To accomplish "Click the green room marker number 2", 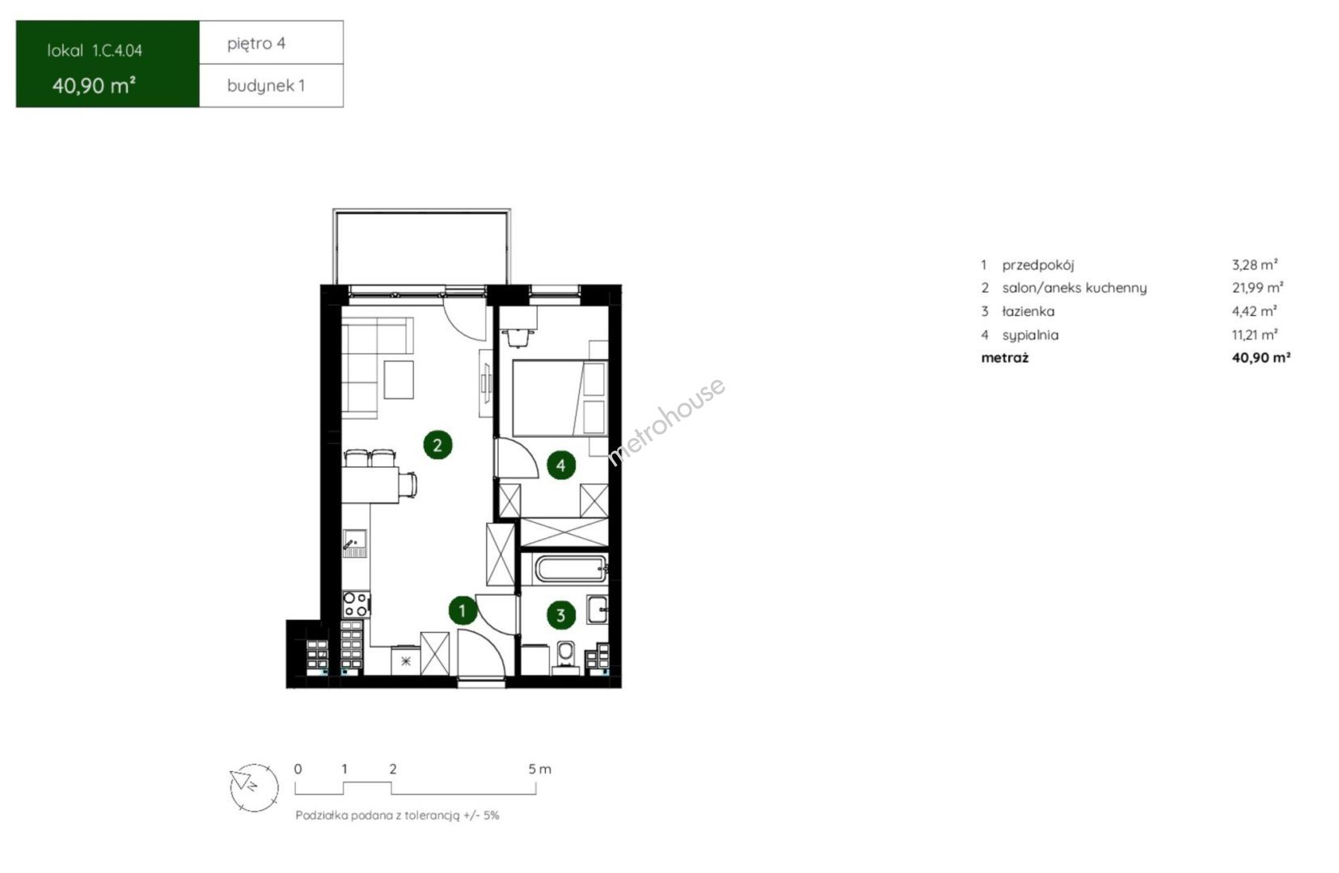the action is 437,445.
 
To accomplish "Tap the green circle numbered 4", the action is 560,465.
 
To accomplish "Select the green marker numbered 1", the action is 463,610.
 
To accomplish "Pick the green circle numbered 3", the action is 560,615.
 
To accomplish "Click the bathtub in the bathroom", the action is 571,568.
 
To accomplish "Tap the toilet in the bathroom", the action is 565,656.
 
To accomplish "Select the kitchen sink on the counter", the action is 354,543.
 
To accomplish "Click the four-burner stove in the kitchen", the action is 356,604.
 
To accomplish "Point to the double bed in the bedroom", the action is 560,398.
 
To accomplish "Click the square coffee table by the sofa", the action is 399,379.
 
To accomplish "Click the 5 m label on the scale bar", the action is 539,769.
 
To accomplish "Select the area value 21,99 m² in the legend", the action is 1257,288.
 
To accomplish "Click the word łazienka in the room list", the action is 1029,311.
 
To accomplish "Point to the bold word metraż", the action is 1005,358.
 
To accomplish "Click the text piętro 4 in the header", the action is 256,44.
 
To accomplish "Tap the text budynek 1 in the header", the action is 266,86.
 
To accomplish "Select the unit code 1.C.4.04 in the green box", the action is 117,51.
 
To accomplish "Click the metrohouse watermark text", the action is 666,420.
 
